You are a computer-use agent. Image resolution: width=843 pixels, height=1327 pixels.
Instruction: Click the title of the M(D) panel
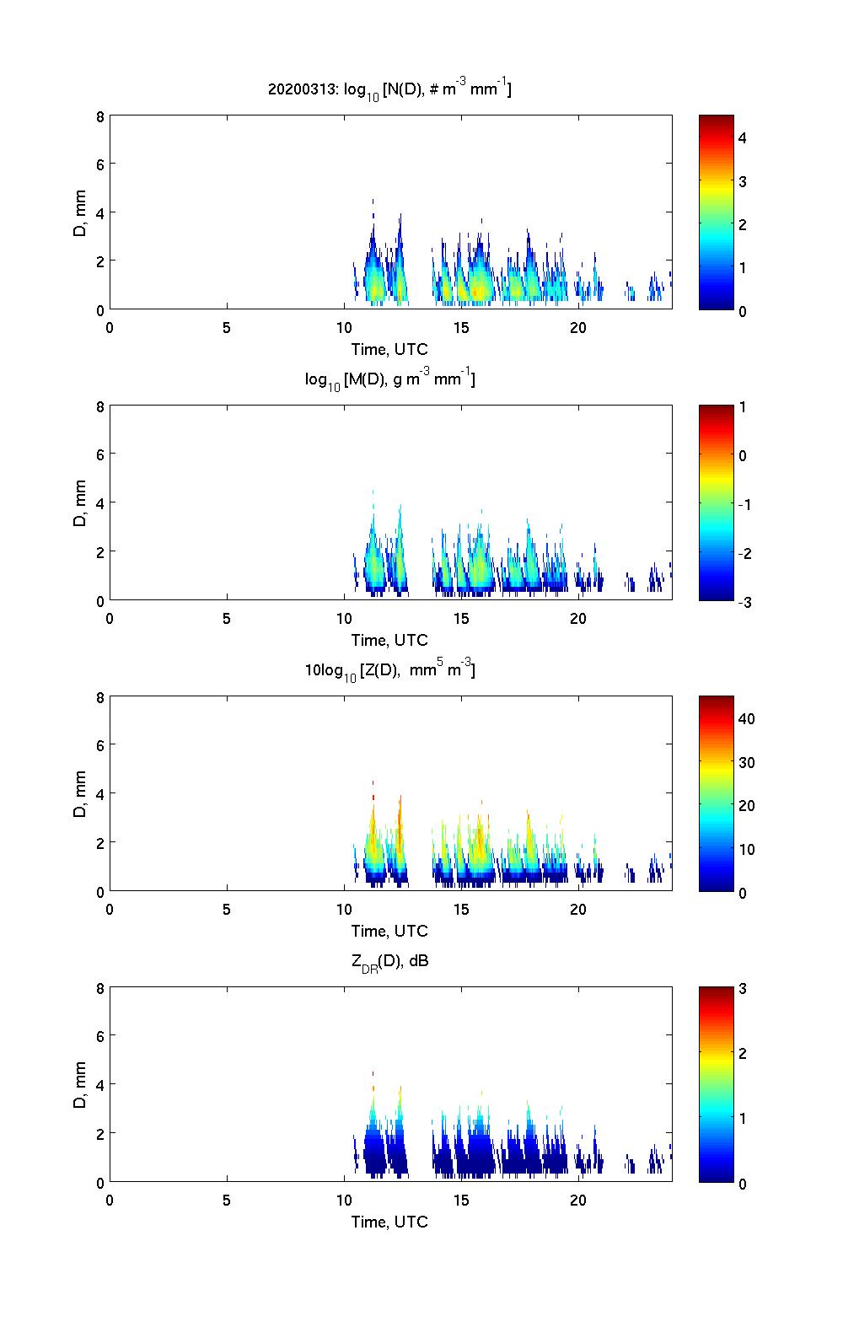coord(389,379)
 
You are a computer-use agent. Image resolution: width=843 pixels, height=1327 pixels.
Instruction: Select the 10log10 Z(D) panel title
coord(389,670)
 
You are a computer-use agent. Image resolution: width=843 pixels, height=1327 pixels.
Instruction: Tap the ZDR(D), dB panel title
coord(389,960)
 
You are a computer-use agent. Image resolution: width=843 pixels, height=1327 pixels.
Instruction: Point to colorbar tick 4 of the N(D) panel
coord(743,137)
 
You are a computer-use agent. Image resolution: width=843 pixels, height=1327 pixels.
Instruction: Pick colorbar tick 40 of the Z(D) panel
coord(746,719)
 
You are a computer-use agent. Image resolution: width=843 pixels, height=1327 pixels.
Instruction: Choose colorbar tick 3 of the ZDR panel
coord(743,989)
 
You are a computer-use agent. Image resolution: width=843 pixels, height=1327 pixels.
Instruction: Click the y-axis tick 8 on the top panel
coord(99,116)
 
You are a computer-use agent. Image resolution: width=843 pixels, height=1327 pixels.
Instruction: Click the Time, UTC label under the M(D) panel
coord(389,640)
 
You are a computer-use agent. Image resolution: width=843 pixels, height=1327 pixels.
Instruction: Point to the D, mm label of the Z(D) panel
coord(80,794)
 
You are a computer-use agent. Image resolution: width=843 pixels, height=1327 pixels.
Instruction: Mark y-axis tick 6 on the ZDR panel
coord(99,1035)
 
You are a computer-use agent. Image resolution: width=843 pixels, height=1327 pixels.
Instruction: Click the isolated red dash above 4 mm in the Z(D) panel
coord(373,783)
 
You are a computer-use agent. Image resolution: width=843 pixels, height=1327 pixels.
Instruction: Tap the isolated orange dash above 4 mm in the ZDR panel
coord(373,1074)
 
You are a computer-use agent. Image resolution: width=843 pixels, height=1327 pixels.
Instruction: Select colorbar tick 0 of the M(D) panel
coord(743,456)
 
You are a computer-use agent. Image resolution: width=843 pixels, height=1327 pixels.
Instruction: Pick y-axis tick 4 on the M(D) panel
coord(99,503)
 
